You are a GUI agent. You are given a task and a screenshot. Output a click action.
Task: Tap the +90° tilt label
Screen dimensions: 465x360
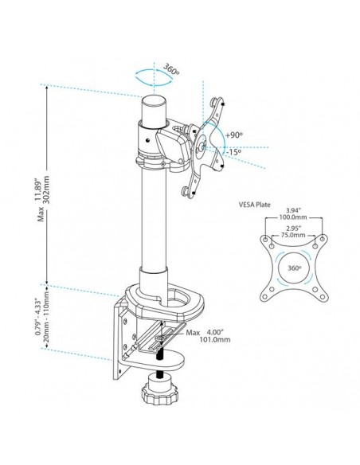(233, 136)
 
